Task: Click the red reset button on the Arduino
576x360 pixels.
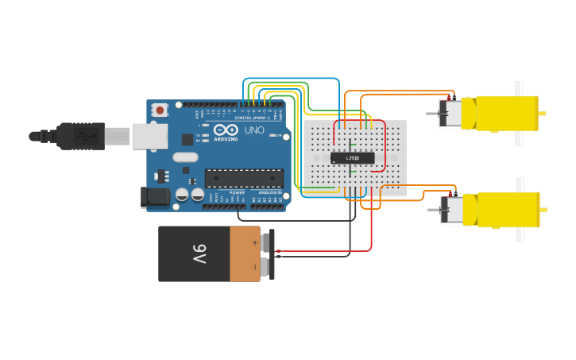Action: pos(160,110)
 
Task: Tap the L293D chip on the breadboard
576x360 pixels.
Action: pos(352,158)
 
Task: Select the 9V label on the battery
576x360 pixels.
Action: pos(199,254)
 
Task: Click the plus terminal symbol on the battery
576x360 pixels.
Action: pos(255,242)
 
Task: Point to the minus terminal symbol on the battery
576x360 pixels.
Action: pos(255,267)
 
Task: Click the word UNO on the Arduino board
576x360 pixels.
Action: pos(254,130)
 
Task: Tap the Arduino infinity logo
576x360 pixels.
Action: pos(226,130)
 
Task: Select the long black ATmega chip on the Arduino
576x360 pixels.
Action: pos(244,179)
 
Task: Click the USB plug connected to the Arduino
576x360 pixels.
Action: pos(79,136)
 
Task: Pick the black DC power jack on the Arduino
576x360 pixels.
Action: pos(156,196)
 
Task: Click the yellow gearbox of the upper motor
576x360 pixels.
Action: pos(507,113)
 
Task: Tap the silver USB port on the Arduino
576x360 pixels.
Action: pos(149,136)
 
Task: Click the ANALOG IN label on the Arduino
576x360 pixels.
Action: pos(269,192)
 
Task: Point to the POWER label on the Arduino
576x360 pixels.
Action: pos(237,192)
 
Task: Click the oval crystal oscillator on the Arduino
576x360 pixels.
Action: pos(185,157)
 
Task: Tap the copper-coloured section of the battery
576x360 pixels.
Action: pos(245,254)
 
